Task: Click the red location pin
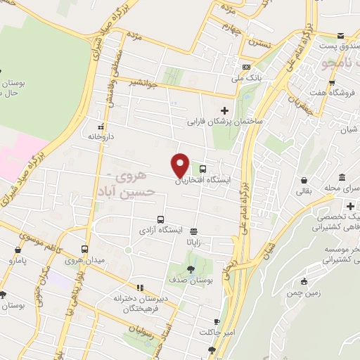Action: click(x=181, y=165)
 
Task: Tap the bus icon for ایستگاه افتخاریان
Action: click(x=203, y=169)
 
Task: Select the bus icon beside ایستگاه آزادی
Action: click(x=161, y=219)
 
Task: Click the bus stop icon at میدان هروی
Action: click(x=85, y=249)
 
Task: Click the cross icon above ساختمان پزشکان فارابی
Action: click(x=224, y=110)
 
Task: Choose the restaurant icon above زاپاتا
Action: click(x=193, y=231)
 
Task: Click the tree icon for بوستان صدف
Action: click(x=191, y=269)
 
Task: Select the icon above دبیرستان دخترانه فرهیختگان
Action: click(x=140, y=288)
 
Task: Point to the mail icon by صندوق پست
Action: click(x=341, y=36)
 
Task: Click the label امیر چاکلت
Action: click(x=215, y=331)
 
